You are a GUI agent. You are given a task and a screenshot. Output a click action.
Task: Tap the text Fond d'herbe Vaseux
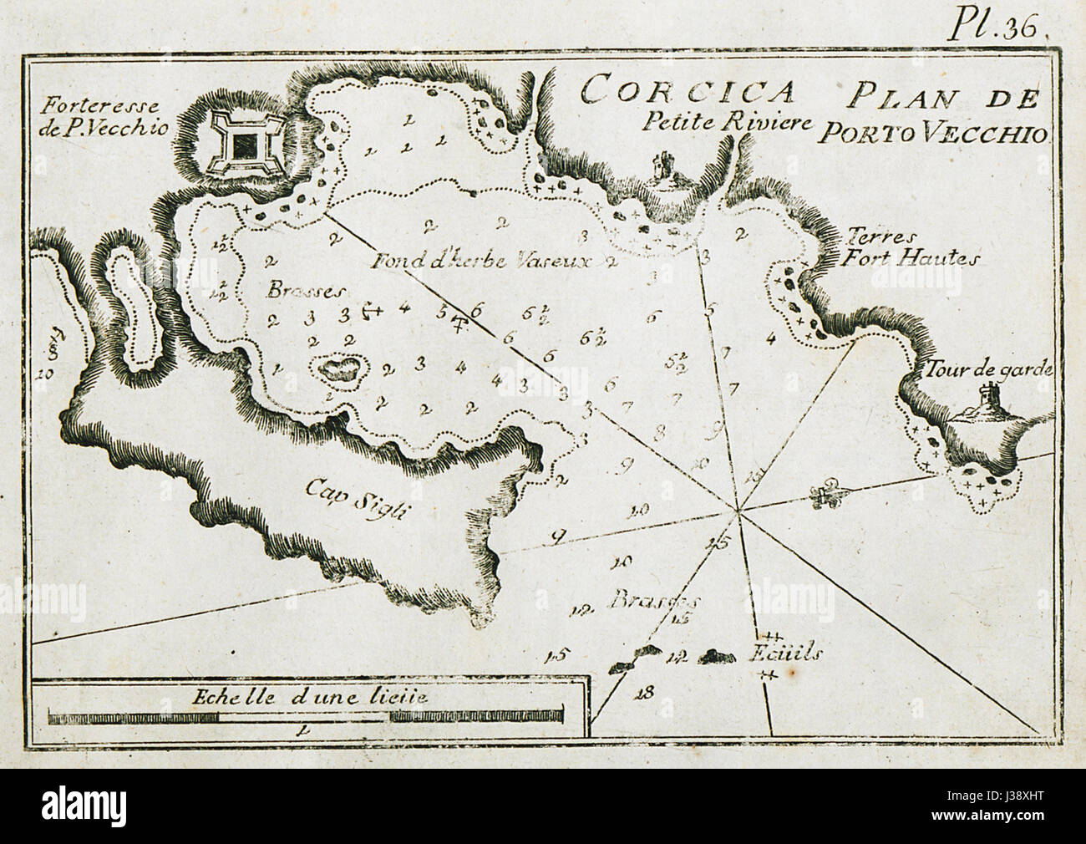[x=482, y=261]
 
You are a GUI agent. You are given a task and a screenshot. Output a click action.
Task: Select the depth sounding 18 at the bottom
[x=642, y=690]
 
